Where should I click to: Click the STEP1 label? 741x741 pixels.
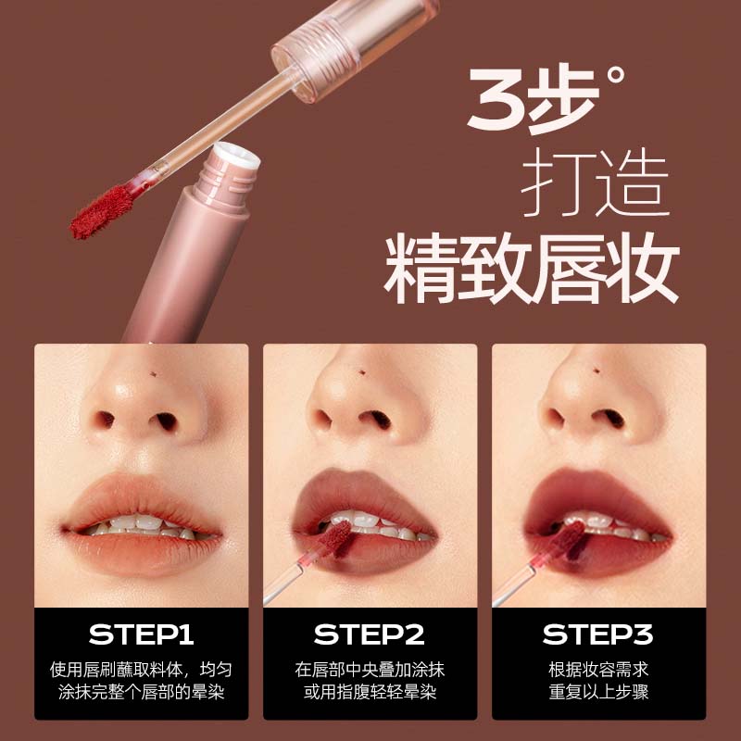coord(141,634)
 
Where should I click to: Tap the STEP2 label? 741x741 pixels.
coord(369,634)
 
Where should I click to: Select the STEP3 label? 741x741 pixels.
coord(597,634)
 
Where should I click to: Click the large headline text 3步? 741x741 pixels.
coord(534,101)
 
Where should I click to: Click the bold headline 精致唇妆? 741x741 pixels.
coord(531,268)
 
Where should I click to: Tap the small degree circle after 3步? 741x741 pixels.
coord(615,76)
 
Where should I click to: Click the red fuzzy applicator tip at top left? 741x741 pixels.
coord(103,212)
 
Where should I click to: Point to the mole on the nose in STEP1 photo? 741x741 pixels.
coord(153,374)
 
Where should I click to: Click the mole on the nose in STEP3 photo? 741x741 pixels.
coord(597,370)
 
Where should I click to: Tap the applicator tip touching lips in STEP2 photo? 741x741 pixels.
coord(335,539)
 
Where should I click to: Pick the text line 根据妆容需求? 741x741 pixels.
coord(598,669)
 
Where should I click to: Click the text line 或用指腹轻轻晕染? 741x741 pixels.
coord(370,692)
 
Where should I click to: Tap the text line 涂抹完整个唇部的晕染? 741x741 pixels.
coord(142,692)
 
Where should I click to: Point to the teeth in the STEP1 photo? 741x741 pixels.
coord(142,526)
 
